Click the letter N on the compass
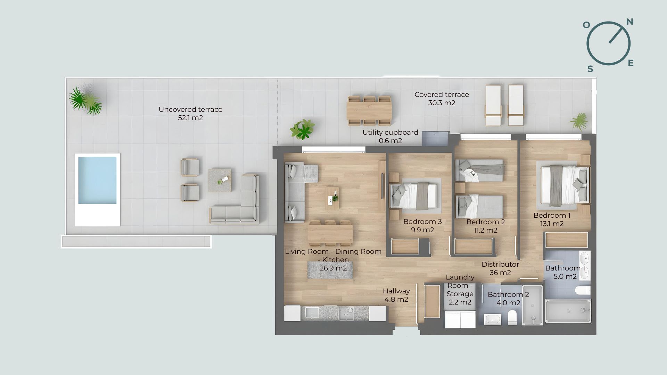tap(629, 22)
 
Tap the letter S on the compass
tap(590, 69)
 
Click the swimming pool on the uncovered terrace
tap(97, 181)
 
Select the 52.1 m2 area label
tap(190, 118)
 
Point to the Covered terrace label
tap(442, 94)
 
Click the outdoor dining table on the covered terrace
tap(369, 111)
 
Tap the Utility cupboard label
tap(390, 132)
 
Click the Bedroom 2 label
tap(485, 222)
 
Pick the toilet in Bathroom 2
tap(512, 318)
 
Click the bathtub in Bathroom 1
tap(568, 311)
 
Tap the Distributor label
tap(500, 264)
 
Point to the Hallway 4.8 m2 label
tap(396, 295)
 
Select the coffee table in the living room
tap(332, 198)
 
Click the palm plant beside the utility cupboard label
tap(303, 130)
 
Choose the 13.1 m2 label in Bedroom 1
tap(552, 224)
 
